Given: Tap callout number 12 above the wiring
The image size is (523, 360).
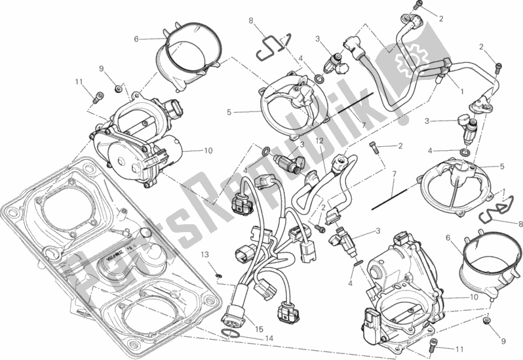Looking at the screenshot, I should pyautogui.click(x=320, y=140).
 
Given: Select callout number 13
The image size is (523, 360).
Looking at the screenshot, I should pyautogui.click(x=204, y=254).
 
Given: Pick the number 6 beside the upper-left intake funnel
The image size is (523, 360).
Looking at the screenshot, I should pyautogui.click(x=136, y=39).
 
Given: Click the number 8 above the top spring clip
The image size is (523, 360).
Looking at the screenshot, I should pyautogui.click(x=250, y=21).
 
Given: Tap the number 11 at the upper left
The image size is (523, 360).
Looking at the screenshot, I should pyautogui.click(x=77, y=82).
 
